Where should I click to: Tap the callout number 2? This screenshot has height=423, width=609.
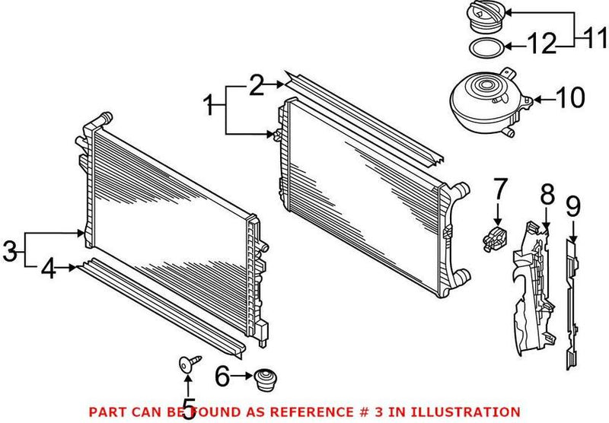(x=257, y=85)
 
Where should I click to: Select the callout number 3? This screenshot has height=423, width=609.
(x=9, y=250)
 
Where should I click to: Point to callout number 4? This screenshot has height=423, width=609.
(x=49, y=269)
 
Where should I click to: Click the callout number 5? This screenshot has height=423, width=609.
(x=187, y=406)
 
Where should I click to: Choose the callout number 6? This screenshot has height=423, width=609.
(x=222, y=375)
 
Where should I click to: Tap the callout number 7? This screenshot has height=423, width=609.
(x=498, y=188)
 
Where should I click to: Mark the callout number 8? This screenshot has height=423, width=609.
(x=547, y=194)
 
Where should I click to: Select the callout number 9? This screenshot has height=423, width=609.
(x=573, y=204)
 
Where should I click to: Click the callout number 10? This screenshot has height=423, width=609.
(x=569, y=98)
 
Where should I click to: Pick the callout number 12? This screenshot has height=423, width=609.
(x=542, y=45)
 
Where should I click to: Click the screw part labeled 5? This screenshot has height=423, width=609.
(x=186, y=365)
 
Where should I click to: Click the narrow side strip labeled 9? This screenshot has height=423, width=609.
(x=572, y=304)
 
